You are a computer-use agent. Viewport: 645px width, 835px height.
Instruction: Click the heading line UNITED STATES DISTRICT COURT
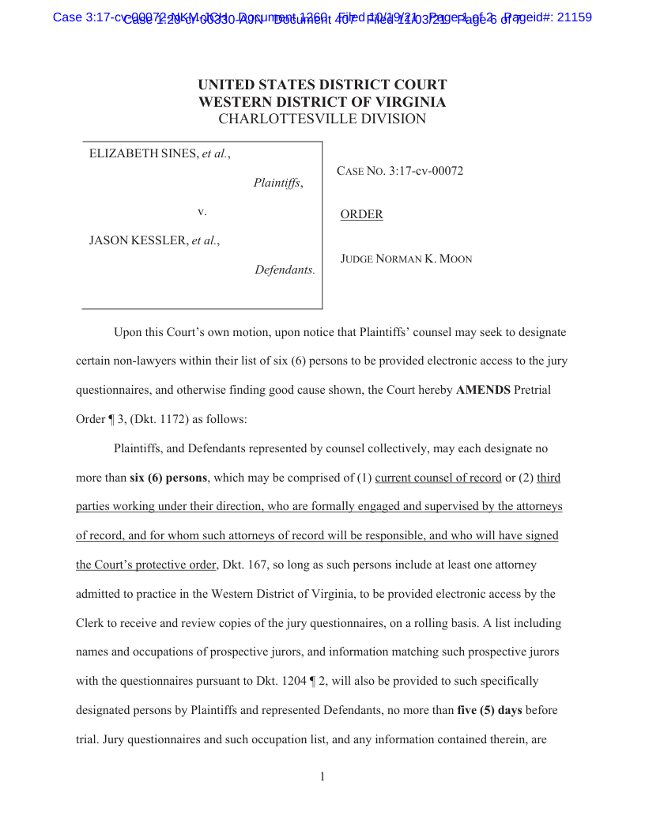(x=322, y=85)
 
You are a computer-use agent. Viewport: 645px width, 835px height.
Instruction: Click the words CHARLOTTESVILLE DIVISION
(x=322, y=119)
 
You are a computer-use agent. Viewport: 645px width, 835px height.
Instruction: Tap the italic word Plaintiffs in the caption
(x=276, y=183)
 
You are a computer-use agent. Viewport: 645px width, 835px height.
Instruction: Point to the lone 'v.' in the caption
(x=202, y=212)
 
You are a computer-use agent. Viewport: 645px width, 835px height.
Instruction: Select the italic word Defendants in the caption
(x=284, y=270)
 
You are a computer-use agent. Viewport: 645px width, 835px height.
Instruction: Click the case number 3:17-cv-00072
(x=426, y=171)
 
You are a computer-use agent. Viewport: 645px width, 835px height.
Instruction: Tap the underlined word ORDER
(x=361, y=214)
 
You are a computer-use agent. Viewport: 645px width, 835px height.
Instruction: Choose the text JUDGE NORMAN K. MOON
(x=406, y=259)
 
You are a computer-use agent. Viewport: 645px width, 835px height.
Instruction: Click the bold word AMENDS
(x=483, y=391)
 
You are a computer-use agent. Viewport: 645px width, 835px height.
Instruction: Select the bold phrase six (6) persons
(x=168, y=478)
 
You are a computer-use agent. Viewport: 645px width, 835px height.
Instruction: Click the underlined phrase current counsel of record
(x=438, y=478)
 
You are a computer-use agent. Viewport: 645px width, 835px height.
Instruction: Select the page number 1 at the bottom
(x=322, y=776)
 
